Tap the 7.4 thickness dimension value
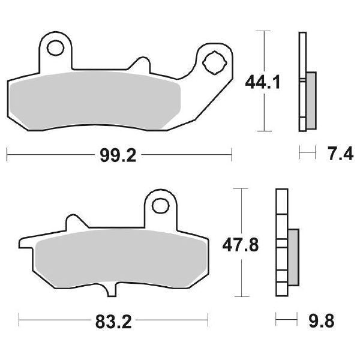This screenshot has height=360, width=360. (x=337, y=155)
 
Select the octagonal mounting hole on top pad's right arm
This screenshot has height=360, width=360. (x=213, y=61)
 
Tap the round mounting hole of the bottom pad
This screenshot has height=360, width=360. (x=160, y=205)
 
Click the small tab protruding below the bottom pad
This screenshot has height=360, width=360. (x=110, y=291)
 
